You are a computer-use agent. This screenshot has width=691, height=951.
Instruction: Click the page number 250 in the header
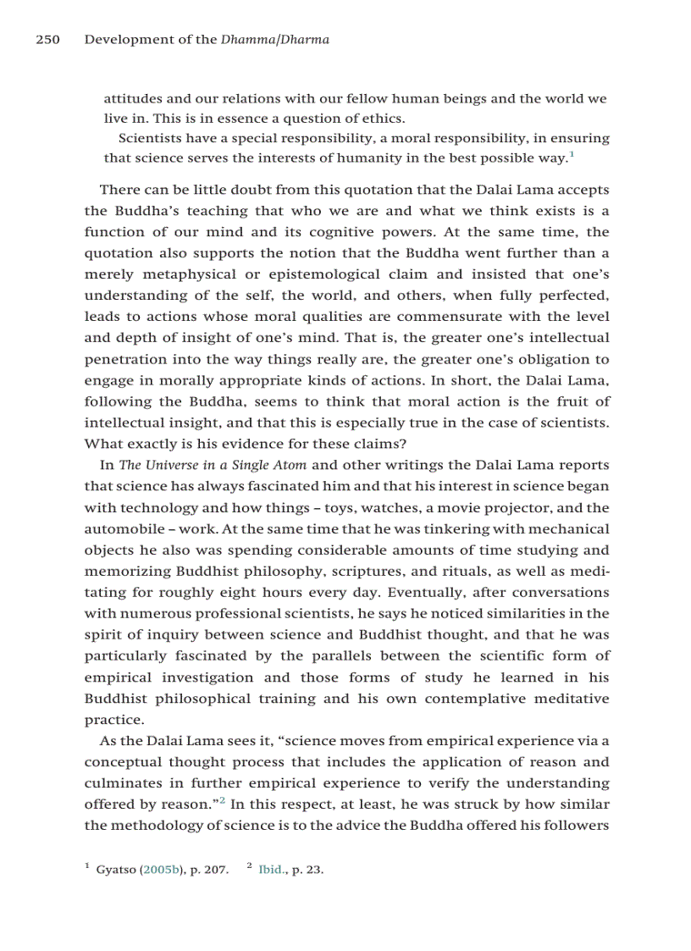[x=47, y=40]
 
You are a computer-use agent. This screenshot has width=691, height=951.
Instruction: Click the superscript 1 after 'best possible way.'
[x=572, y=154]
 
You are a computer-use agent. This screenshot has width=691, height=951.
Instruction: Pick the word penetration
[x=124, y=359]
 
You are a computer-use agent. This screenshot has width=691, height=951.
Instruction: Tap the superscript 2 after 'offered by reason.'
[x=222, y=799]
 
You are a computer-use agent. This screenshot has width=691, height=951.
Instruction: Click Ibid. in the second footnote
[x=272, y=869]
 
